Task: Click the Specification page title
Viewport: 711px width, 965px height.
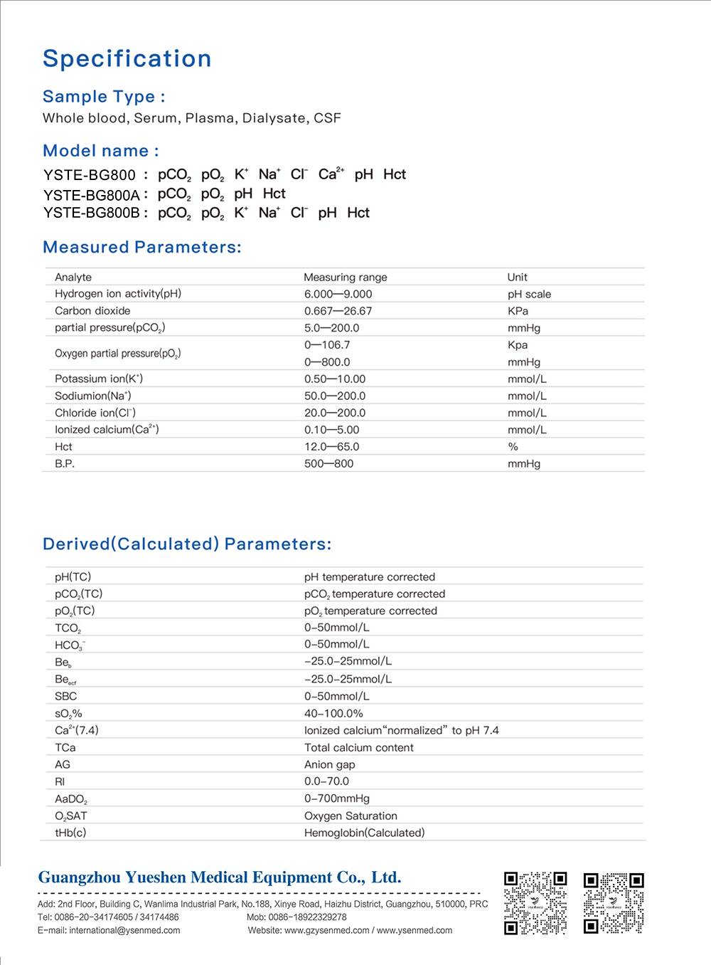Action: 127,58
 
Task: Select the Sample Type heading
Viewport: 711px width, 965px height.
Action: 104,97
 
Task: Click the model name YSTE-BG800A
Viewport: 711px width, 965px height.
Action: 92,195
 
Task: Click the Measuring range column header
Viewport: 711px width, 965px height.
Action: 346,278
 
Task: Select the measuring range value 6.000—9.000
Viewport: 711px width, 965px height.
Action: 338,294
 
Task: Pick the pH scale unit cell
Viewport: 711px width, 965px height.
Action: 529,294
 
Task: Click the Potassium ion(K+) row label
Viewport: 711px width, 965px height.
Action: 99,379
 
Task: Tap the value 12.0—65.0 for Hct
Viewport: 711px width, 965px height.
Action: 331,447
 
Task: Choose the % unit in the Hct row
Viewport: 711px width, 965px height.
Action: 513,447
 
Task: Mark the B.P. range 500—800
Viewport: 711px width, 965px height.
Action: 328,464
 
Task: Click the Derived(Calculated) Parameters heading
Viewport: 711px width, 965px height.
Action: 187,544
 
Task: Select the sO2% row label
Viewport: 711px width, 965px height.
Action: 68,714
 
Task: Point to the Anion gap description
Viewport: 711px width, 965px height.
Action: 329,765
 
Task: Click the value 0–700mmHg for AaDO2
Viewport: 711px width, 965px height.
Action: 337,798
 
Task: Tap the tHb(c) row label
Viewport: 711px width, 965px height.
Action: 70,833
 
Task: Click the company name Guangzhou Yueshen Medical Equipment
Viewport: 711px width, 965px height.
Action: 219,877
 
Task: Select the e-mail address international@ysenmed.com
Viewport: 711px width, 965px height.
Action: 124,930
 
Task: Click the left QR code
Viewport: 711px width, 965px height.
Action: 535,902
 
